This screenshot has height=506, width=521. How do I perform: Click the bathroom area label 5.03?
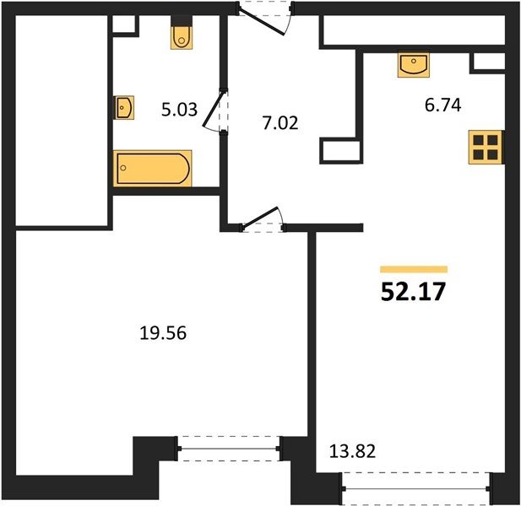coord(179,109)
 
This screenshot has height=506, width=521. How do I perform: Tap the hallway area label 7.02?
coord(280,123)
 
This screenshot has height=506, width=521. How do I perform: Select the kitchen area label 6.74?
coord(443,105)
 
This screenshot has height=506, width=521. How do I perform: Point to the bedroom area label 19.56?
coord(163,333)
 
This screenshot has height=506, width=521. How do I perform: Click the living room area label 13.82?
coord(352,451)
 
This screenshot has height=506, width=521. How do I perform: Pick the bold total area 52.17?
coord(413,292)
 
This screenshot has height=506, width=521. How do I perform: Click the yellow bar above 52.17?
coord(414,269)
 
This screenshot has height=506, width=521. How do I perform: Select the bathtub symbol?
coord(153,168)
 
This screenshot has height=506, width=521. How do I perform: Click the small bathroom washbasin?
coord(124,107)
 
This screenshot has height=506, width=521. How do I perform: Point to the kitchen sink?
coord(414,65)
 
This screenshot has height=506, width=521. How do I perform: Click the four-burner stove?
coord(486,147)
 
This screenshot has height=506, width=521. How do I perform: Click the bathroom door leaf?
coord(213,109)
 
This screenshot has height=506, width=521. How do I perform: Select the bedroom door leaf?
coord(260,218)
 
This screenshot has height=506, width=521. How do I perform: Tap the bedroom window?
coord(229,449)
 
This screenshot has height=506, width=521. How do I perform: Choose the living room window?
coord(415,488)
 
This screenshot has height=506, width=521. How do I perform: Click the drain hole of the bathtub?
coord(123,168)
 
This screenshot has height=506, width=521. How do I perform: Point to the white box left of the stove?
coord(340,151)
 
